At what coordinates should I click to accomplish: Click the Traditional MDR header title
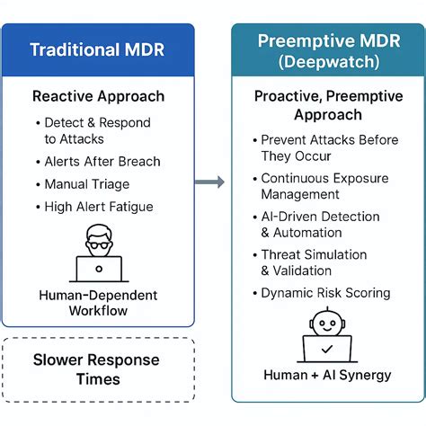click(97, 49)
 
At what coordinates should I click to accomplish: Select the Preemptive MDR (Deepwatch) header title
click(327, 51)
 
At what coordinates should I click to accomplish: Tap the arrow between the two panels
click(210, 182)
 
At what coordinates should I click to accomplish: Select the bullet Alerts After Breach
click(102, 162)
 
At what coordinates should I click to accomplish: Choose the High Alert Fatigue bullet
click(98, 207)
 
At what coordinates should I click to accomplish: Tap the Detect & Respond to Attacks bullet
click(96, 130)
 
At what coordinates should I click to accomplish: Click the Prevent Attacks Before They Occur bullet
click(327, 147)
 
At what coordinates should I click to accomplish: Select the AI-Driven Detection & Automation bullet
click(320, 225)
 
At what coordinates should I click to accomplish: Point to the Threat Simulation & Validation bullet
click(315, 262)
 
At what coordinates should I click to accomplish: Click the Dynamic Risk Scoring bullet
click(325, 293)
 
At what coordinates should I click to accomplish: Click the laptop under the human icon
click(98, 268)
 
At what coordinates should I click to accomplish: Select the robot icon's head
click(326, 322)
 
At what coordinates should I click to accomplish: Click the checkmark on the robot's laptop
click(326, 348)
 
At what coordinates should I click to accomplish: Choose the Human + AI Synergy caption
click(326, 375)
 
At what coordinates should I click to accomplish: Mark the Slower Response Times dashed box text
click(98, 369)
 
